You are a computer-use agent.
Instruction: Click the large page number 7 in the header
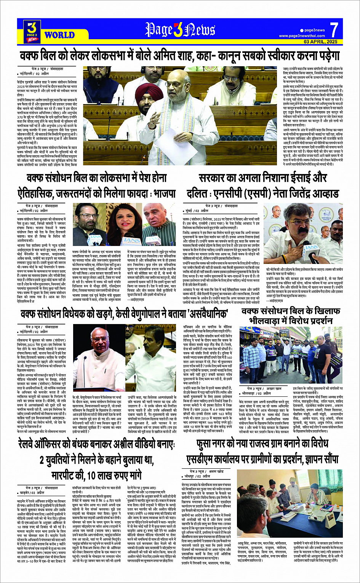pyautogui.click(x=334, y=30)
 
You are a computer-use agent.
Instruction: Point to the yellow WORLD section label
pyautogui.click(x=59, y=35)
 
